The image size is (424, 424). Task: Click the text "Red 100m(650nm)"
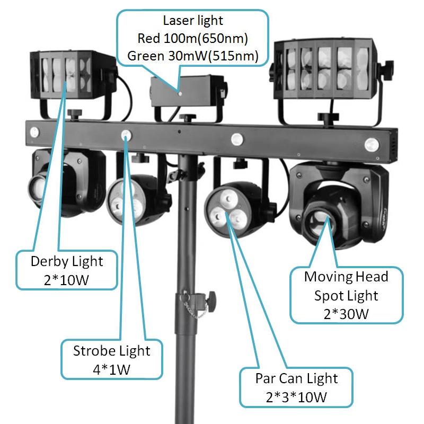click(x=193, y=39)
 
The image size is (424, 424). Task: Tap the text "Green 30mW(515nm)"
click(x=193, y=56)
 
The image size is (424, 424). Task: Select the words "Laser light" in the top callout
click(x=193, y=21)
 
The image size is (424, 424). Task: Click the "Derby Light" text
click(x=67, y=261)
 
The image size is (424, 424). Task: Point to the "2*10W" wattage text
click(x=67, y=279)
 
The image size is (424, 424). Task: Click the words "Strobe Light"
click(x=112, y=350)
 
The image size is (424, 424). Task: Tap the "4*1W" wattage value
click(x=112, y=368)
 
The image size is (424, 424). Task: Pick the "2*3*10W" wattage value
click(x=296, y=396)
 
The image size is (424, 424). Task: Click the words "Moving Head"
click(x=346, y=277)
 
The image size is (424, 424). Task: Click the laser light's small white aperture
click(x=180, y=94)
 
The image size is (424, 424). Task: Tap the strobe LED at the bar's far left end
click(x=34, y=131)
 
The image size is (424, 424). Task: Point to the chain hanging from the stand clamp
click(x=197, y=312)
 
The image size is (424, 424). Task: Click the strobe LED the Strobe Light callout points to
click(x=126, y=135)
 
